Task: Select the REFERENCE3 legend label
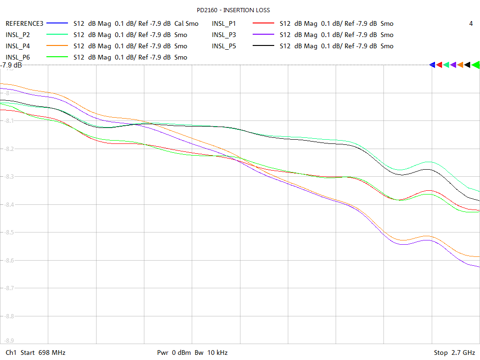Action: click(x=24, y=23)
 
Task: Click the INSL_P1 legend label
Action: click(x=224, y=23)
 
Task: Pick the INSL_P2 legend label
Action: click(x=18, y=35)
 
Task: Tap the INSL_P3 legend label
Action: click(x=224, y=35)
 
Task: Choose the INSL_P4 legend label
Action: click(x=18, y=46)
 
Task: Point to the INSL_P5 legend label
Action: click(x=224, y=46)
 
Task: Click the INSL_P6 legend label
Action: click(x=18, y=57)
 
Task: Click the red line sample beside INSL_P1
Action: click(x=263, y=23)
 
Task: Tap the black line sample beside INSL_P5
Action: click(x=263, y=46)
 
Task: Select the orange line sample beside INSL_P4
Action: click(x=57, y=46)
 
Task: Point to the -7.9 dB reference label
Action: click(x=11, y=65)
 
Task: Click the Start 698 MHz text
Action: click(x=35, y=352)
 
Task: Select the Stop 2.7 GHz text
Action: click(x=454, y=352)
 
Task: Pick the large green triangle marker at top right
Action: click(x=475, y=65)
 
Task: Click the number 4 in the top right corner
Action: click(x=471, y=23)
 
